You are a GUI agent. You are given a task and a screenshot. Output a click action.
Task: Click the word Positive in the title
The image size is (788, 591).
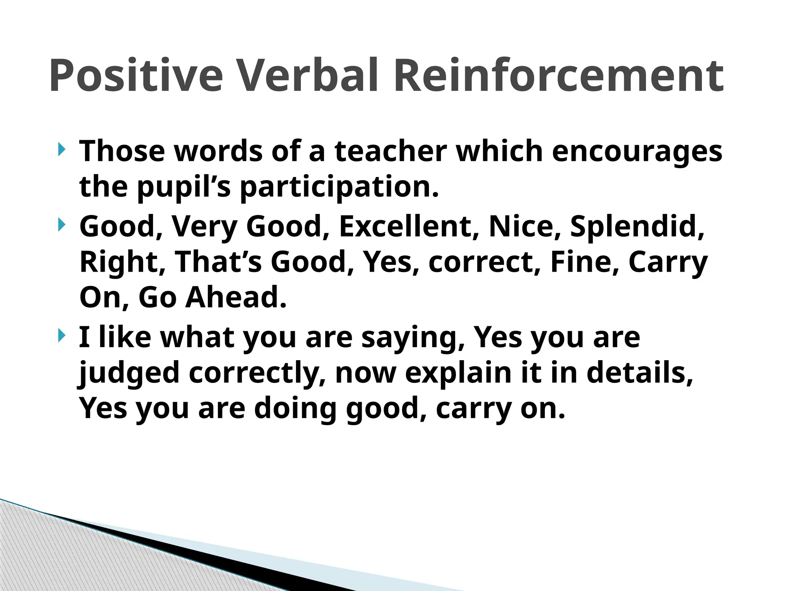tap(136, 76)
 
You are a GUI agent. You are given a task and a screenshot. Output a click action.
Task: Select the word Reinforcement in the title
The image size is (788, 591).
tap(559, 76)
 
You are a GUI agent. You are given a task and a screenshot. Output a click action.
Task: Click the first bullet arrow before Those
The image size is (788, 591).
tap(61, 149)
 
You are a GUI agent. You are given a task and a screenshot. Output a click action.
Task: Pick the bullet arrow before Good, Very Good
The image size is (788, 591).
tap(61, 225)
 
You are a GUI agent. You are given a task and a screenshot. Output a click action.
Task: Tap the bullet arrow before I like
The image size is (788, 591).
tap(61, 336)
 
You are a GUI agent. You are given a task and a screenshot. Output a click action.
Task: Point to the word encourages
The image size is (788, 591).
tap(637, 152)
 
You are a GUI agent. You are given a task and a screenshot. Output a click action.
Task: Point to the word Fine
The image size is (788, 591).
tap(584, 262)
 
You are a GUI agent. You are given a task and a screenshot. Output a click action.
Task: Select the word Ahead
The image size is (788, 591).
tap(235, 297)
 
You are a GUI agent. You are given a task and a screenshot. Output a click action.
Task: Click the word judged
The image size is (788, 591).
tap(129, 373)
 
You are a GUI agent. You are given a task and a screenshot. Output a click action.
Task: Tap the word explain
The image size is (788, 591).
tap(458, 373)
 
